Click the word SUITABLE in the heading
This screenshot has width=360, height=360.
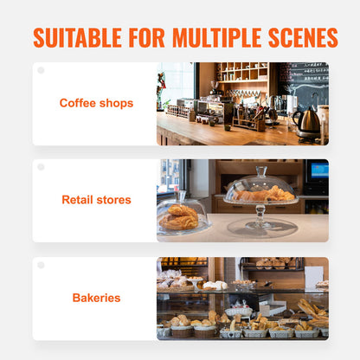pos(75,38)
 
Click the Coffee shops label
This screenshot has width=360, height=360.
pos(96,103)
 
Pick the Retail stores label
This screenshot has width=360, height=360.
pos(96,200)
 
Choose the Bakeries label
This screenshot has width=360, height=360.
pos(96,298)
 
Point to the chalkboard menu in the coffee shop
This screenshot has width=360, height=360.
pos(308,82)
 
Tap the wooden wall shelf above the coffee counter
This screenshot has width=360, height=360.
pos(242,73)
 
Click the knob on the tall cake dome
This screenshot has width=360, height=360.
pos(260,170)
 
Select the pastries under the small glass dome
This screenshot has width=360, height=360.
pos(180,216)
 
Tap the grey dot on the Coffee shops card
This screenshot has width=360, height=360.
pos(41,70)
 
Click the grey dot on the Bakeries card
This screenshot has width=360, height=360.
pos(41,265)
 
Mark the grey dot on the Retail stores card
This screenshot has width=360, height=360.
pos(41,167)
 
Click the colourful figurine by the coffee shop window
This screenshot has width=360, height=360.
pos(162,87)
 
